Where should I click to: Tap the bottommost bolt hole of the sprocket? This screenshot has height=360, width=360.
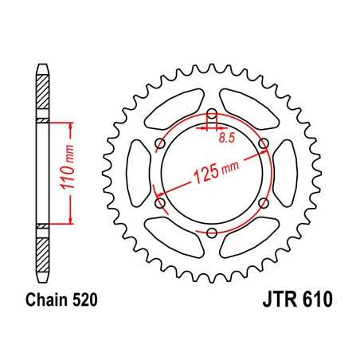pos(212,233)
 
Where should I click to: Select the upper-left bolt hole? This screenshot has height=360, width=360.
pos(160,143)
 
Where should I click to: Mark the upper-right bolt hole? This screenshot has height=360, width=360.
pos(264,143)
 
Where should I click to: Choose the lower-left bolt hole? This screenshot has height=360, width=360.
pos(160,203)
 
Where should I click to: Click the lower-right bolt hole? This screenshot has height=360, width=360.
pos(264,203)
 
